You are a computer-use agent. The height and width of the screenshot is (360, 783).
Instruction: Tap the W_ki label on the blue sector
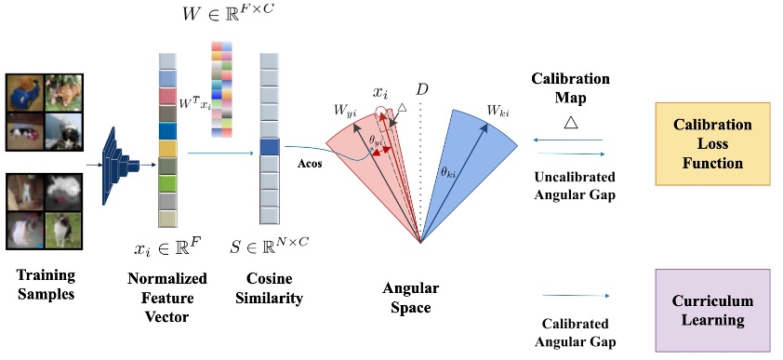pyautogui.click(x=498, y=111)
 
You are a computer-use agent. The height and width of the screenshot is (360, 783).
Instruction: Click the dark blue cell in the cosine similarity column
pyautogui.click(x=270, y=146)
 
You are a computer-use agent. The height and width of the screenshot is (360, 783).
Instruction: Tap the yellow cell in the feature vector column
pyautogui.click(x=167, y=148)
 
